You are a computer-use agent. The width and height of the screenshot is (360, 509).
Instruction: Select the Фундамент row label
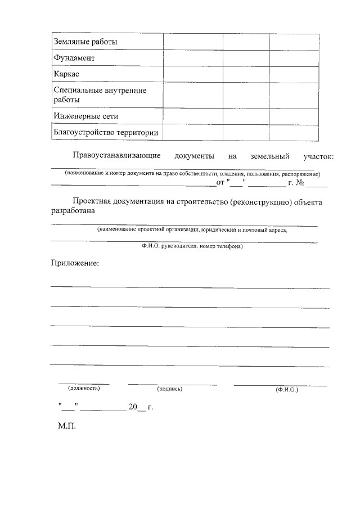tap(74, 58)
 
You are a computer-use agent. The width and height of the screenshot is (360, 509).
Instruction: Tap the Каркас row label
tap(66, 74)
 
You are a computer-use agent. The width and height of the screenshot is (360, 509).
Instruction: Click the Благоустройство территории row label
tap(105, 133)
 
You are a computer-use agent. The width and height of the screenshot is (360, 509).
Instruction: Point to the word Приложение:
tap(74, 263)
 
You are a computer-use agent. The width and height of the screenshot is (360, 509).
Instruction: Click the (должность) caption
tap(84, 388)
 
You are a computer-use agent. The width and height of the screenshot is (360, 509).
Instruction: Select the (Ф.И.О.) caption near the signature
tap(287, 389)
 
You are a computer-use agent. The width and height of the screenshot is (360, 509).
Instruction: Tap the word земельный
tap(271, 156)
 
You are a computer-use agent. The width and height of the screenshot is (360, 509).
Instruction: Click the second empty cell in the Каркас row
tap(246, 74)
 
